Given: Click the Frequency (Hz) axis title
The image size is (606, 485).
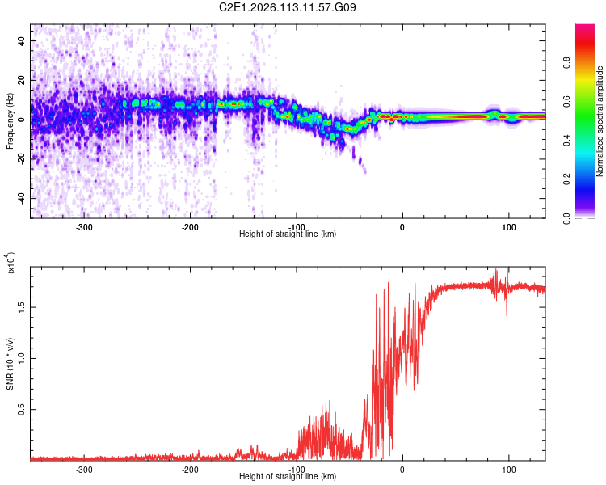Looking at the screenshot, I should point(10,121).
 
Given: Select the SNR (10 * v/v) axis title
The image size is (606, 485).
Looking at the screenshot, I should point(10,364).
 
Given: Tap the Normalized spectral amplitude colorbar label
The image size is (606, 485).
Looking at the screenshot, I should point(600,121).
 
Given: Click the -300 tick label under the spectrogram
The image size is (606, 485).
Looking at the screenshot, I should point(84,226).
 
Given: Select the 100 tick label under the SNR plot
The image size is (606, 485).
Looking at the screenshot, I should point(509,469).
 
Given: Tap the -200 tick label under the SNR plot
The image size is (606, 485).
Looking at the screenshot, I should point(190,469).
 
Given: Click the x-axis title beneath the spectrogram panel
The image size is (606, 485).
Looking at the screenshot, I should point(288,234).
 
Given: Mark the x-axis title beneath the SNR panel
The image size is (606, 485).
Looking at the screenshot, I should point(288,477).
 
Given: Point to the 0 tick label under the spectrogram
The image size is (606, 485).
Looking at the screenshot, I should point(402,226).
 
